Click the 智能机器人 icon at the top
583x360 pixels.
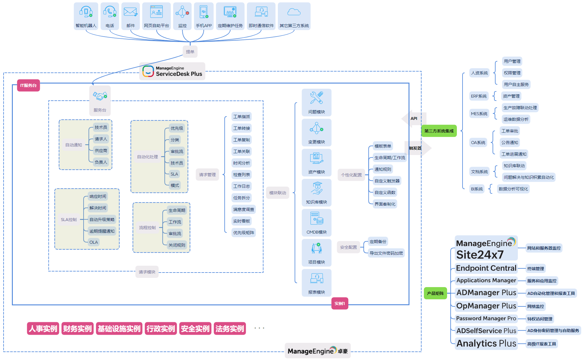coord(86,12)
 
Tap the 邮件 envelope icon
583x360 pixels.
coord(130,12)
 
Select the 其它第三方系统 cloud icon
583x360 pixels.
coord(294,12)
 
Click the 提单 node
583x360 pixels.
coord(190,52)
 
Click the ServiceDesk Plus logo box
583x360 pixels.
coord(172,71)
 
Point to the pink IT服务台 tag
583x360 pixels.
coord(29,85)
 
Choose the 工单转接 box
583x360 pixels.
coord(242,128)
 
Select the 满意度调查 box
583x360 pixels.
coord(244,209)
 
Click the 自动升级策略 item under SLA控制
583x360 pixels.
coord(102,220)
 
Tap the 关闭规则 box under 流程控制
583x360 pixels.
coord(177,245)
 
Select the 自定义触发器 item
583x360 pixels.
coord(387,181)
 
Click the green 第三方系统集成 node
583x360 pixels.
coord(439,131)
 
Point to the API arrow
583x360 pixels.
coord(413,118)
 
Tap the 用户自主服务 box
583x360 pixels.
coord(516,84)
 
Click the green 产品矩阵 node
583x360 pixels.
coord(435,293)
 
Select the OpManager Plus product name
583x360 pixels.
coord(486,306)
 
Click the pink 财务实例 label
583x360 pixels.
coord(77,328)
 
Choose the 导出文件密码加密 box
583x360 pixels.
coord(386,253)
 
